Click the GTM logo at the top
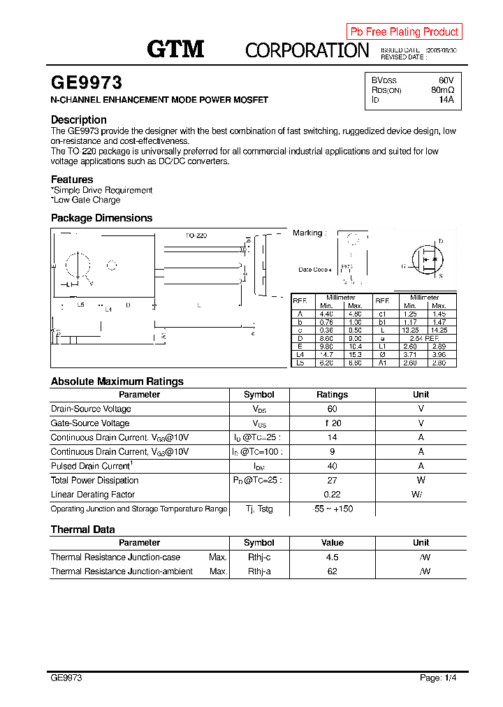175,49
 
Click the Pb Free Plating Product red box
404,31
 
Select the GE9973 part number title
86,82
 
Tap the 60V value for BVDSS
446,80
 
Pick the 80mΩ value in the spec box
442,90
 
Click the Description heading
79,119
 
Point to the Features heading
72,180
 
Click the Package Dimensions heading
101,218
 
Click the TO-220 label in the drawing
196,236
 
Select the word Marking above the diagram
307,233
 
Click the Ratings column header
332,395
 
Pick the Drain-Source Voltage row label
91,409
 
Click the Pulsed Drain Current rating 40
332,466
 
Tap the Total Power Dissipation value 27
332,480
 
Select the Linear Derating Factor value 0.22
332,495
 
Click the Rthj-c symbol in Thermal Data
258,557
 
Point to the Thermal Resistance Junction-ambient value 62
332,571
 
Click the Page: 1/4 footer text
437,678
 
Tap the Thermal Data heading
82,530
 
